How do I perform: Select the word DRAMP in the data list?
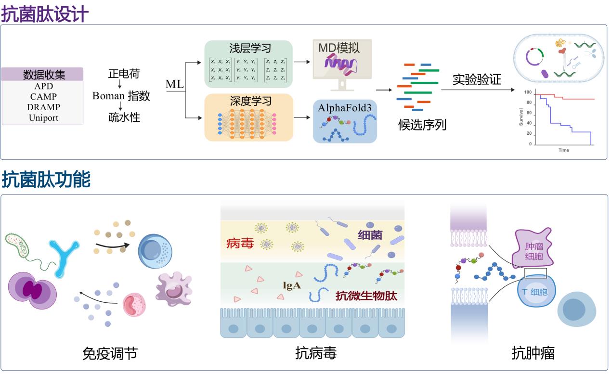click(x=43, y=107)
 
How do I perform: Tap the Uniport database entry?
click(x=43, y=117)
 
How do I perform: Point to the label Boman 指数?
click(x=121, y=96)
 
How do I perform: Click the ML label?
click(x=174, y=85)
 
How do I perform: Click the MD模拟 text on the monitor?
click(x=339, y=47)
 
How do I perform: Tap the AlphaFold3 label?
click(x=344, y=107)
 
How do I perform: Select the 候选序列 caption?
click(x=422, y=125)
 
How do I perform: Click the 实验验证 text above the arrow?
click(x=477, y=79)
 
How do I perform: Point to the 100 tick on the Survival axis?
click(x=528, y=92)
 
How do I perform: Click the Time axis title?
click(x=563, y=150)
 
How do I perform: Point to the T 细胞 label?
click(x=534, y=292)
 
